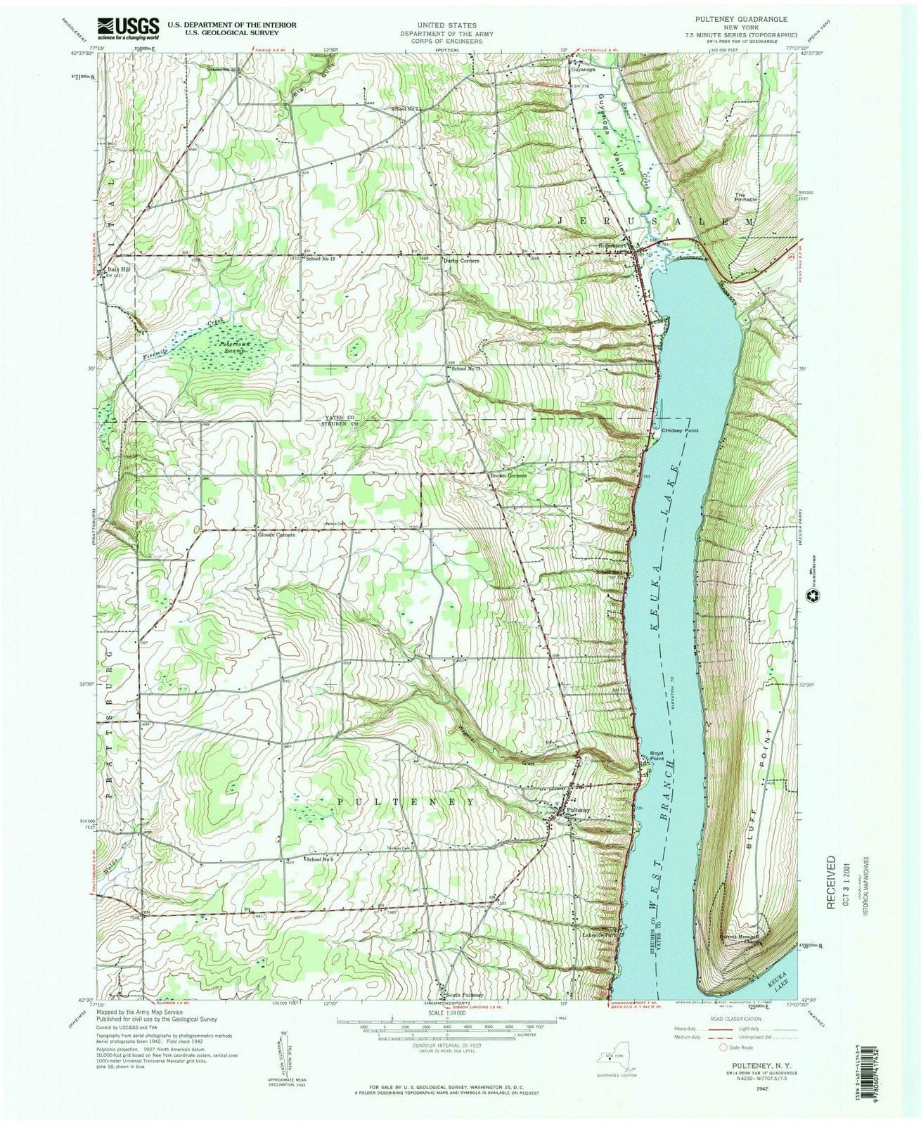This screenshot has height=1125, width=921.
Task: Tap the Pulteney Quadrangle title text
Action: (738, 20)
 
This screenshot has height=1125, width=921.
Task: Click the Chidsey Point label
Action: (681, 430)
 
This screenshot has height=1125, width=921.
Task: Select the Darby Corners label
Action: (460, 260)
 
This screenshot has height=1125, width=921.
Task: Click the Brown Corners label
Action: (508, 475)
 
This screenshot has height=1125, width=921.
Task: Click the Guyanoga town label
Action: (583, 70)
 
